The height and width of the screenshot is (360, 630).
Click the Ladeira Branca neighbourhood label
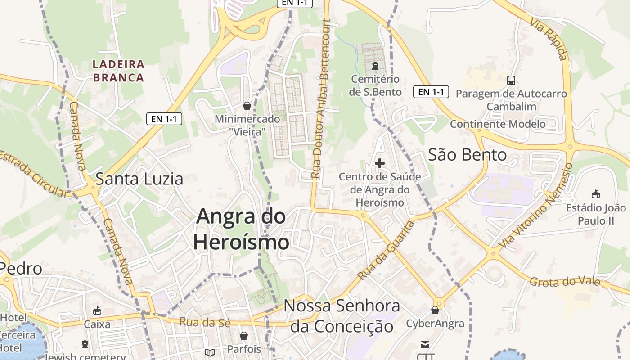tap(118, 71)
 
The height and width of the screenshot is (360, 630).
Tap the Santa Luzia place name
tap(139, 179)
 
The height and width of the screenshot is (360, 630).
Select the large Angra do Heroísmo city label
tap(241, 229)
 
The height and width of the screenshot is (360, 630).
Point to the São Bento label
tap(467, 155)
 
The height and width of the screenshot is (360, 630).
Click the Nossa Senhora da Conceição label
tap(342, 316)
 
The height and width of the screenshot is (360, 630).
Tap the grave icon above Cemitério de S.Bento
tap(375, 66)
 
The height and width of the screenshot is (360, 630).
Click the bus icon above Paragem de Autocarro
tap(511, 81)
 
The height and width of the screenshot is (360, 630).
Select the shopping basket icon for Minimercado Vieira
tap(247, 106)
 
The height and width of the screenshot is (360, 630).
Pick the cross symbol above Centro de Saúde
tap(380, 163)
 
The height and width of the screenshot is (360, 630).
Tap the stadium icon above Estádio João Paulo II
tap(596, 194)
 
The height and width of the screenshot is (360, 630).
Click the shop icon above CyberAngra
tap(435, 310)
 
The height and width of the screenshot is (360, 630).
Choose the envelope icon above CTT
tap(425, 345)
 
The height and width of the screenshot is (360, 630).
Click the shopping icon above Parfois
tap(244, 336)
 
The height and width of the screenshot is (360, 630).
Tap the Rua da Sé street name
tap(205, 322)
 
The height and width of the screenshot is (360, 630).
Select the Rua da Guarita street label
tap(386, 250)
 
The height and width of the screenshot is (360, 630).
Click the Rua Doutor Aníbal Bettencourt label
tap(321, 99)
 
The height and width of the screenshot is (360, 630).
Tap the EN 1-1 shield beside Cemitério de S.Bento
tap(431, 92)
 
